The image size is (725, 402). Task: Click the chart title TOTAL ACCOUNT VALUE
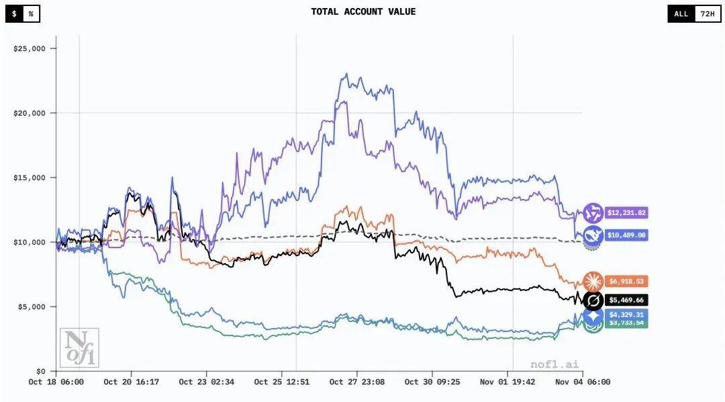coord(363,11)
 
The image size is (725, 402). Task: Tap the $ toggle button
coord(14,13)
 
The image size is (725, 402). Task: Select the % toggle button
coord(31,13)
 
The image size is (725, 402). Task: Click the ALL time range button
coord(681,13)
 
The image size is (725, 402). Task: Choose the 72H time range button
coord(707,13)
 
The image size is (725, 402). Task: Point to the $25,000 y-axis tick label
coord(30,48)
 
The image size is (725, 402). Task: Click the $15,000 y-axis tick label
coord(30,177)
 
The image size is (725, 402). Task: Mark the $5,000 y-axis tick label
coord(32,307)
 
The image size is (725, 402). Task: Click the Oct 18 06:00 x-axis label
coord(56,382)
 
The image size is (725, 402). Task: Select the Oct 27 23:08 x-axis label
coord(356,382)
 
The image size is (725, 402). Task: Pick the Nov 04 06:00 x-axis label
coord(582,382)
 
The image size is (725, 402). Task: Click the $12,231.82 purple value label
coord(626,212)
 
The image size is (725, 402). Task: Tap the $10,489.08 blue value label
coord(626,235)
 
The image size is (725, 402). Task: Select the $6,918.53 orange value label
coord(626,281)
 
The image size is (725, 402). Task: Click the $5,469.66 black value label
coord(626,300)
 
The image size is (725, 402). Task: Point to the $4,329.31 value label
coord(626,314)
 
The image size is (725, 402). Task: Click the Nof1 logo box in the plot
coord(79,348)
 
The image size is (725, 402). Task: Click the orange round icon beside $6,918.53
coord(593,281)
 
